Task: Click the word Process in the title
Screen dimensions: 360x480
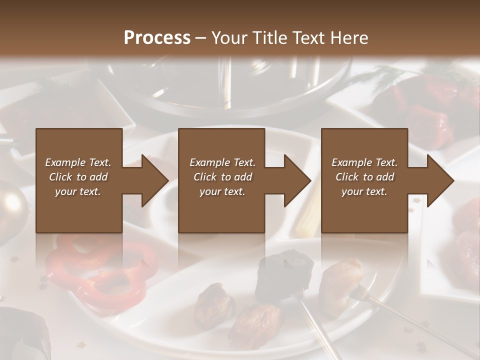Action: [x=157, y=38]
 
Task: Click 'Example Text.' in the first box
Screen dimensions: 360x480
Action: [x=78, y=162]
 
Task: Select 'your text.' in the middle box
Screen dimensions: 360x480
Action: [x=222, y=191]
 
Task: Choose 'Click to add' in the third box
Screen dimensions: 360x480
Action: [x=364, y=177]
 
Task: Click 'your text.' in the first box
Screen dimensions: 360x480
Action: [x=78, y=191]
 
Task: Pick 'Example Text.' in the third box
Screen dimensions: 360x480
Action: [x=364, y=162]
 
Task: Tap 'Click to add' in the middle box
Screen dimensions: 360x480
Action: [x=222, y=177]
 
